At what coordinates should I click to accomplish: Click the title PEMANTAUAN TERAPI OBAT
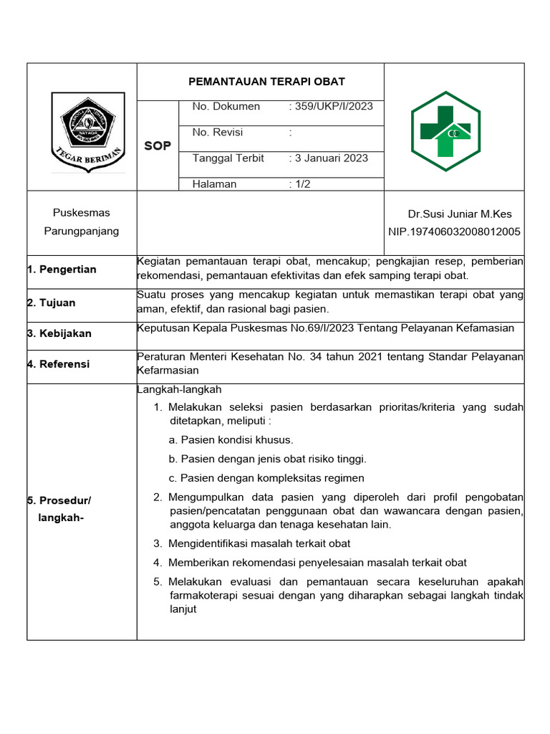(266, 82)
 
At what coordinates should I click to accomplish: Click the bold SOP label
(158, 146)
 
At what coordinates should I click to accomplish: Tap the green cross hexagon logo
(445, 131)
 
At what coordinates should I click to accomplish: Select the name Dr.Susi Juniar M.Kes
(460, 214)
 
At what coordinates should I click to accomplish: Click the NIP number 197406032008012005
(454, 232)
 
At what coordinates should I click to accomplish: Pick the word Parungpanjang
(82, 232)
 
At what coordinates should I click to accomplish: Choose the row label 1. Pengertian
(62, 270)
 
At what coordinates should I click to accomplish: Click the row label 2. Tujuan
(51, 303)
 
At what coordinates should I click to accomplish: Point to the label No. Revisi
(218, 133)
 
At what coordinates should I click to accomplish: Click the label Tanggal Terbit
(228, 158)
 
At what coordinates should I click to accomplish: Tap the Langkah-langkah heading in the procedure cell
(179, 390)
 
